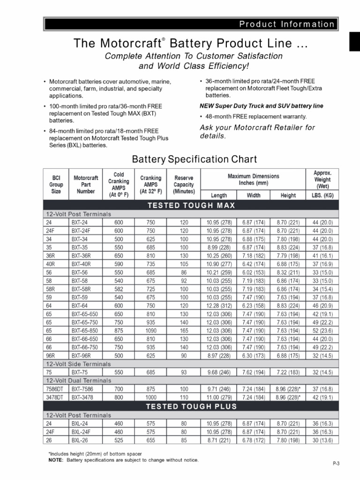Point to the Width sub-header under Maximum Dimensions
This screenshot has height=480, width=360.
pos(254,195)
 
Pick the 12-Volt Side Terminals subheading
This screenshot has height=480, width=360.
pos(78,364)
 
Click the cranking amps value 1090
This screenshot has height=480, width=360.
pos(150,330)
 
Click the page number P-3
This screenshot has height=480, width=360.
pos(336,463)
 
